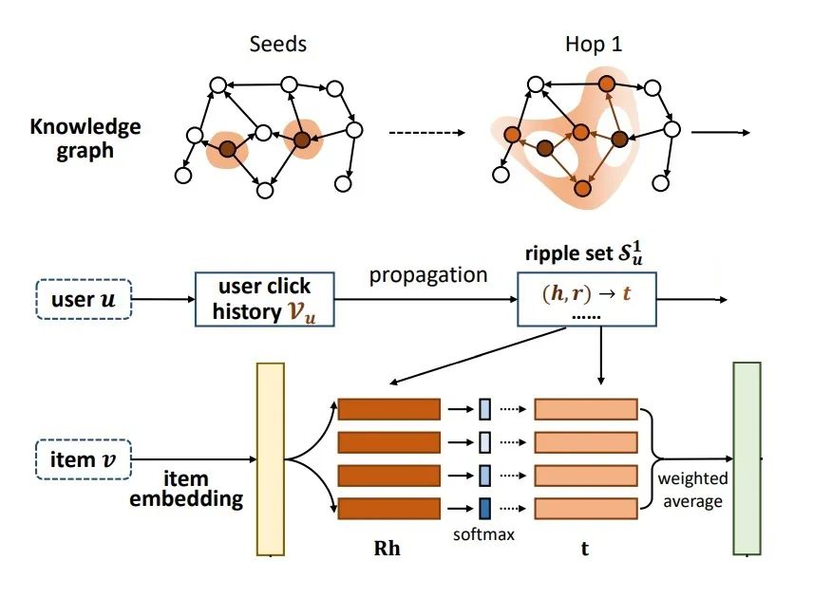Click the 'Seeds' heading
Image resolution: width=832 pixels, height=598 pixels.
click(278, 44)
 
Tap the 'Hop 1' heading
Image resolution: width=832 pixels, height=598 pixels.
click(594, 44)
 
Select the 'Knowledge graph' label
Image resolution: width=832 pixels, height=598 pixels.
click(85, 139)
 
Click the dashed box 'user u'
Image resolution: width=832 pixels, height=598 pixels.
click(84, 299)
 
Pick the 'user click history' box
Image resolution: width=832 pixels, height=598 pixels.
click(265, 299)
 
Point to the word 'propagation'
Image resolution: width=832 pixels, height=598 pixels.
click(428, 275)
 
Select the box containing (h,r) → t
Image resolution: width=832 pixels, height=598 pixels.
click(587, 299)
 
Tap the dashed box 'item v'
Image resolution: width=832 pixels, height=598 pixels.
click(84, 459)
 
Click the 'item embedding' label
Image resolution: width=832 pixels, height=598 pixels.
click(186, 489)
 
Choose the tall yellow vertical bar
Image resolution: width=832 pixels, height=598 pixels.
click(271, 459)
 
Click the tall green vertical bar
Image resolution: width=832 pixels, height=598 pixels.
click(747, 458)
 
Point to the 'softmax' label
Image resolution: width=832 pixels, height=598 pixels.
click(484, 534)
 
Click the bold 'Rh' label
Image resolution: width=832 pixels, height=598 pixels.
click(387, 549)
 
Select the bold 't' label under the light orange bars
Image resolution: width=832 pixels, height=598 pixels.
click(585, 549)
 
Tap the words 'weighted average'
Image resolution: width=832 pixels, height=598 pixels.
click(692, 490)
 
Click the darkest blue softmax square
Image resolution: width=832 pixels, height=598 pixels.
click(485, 509)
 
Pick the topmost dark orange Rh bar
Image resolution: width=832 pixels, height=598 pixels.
click(389, 409)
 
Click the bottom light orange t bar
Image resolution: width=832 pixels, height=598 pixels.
click(586, 509)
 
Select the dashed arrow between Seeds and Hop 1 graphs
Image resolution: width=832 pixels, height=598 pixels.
click(427, 133)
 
